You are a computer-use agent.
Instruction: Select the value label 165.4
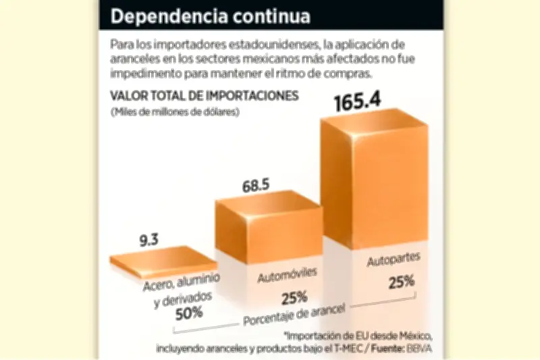pos(358,101)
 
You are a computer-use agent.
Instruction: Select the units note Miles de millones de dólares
pos(175,113)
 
